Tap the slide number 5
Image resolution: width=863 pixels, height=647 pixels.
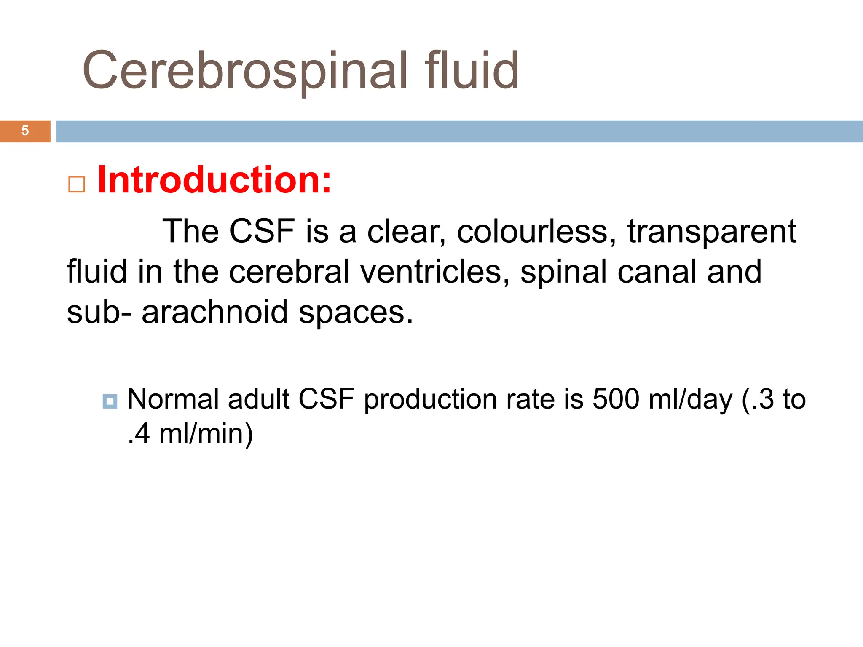click(x=25, y=131)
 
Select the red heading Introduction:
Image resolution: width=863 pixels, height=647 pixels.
click(x=214, y=180)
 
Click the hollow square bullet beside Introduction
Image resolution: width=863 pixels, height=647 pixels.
click(x=77, y=184)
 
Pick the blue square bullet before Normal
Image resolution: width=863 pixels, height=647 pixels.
click(x=110, y=401)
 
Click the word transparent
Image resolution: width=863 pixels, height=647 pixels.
click(x=711, y=232)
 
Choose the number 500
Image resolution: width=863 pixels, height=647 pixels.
click(x=616, y=398)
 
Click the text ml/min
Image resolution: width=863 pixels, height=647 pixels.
click(x=206, y=434)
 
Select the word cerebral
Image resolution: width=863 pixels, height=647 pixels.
click(x=289, y=272)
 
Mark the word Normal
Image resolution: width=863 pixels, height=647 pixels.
click(x=173, y=398)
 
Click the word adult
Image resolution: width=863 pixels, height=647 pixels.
click(x=258, y=398)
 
